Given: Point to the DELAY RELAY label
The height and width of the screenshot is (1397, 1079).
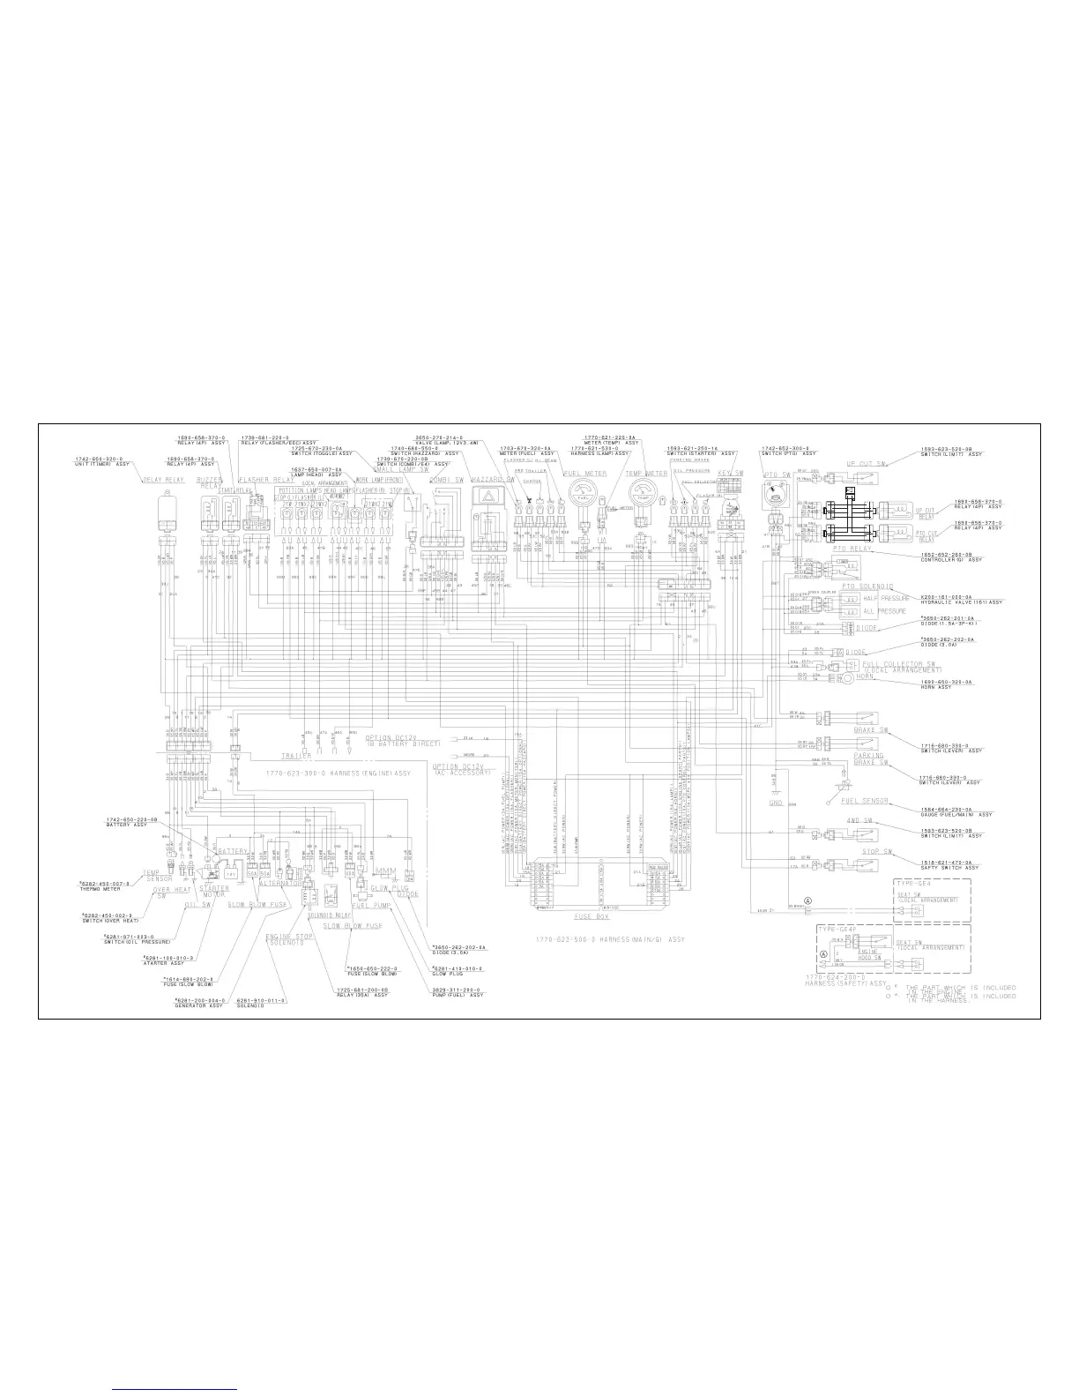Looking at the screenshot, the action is coord(163,480).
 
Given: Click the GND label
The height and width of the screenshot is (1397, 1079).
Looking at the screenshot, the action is coord(776,803).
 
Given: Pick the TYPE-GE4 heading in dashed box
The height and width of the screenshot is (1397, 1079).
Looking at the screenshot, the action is coord(914,882).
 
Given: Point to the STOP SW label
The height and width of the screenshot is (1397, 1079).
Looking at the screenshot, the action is coord(877,852).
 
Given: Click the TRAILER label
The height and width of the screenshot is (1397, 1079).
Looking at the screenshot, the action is coord(296,756).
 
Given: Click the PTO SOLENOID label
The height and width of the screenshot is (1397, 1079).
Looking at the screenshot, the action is coord(867,586).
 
